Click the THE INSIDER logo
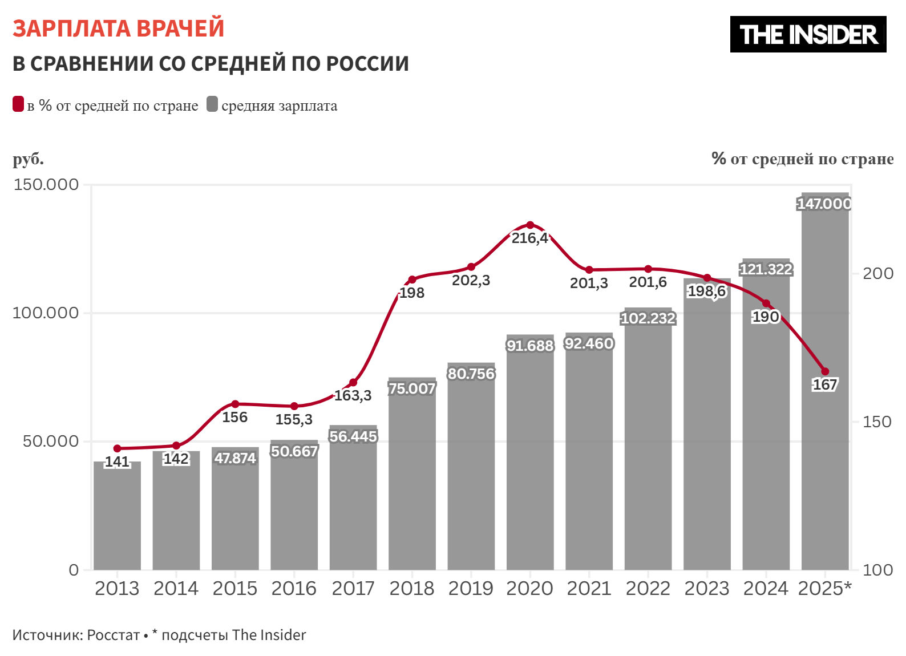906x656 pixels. click(808, 34)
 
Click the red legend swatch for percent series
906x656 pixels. click(18, 104)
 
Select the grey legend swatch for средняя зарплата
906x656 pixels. click(212, 104)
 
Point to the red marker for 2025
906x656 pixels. click(825, 371)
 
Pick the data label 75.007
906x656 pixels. click(412, 388)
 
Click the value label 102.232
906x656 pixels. click(648, 318)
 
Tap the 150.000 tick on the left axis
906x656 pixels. click(46, 184)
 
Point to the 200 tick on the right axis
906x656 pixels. click(877, 273)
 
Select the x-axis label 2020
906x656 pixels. click(529, 588)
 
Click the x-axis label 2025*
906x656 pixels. click(824, 588)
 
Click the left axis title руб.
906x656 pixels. click(28, 159)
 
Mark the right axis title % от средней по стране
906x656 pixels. click(802, 159)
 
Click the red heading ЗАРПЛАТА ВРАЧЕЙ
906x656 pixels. click(118, 29)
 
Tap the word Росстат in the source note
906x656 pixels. click(114, 635)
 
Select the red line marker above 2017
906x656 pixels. click(353, 382)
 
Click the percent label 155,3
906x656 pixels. click(294, 420)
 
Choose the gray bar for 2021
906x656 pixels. click(589, 456)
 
